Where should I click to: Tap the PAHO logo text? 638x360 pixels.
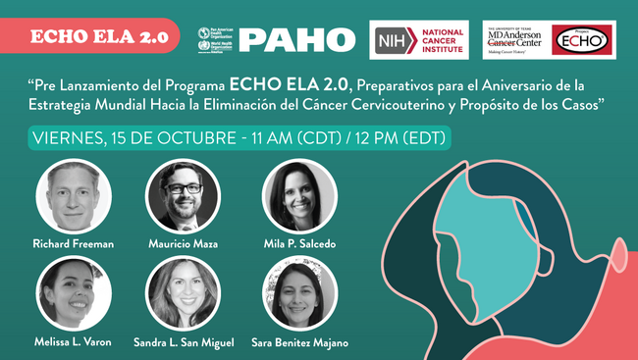[x=296, y=39]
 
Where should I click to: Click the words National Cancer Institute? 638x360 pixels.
[x=441, y=40]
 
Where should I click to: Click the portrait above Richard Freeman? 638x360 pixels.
[x=73, y=195]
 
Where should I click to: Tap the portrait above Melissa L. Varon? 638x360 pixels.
[x=73, y=293]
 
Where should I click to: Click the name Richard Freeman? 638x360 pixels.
[x=73, y=243]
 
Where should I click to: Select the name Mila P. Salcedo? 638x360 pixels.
[x=299, y=243]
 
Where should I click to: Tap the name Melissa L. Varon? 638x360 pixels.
[x=73, y=341]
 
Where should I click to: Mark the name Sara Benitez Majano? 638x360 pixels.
[x=299, y=341]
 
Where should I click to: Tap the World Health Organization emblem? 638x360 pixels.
[x=204, y=46]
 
